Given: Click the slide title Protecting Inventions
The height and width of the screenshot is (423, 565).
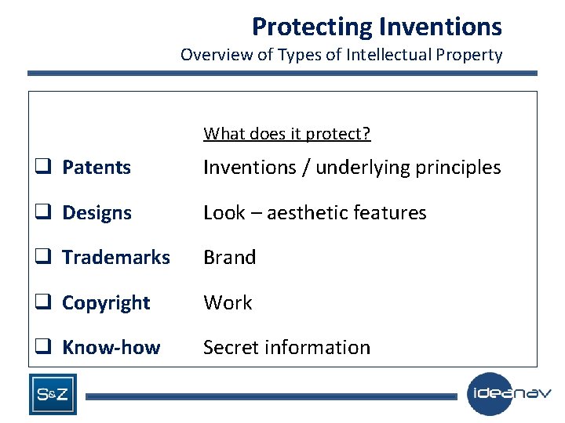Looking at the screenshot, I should coord(377,27).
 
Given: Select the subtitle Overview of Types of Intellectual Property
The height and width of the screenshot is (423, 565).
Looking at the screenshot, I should coord(341,55).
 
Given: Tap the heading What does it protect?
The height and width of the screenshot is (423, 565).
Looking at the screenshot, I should coord(287,134).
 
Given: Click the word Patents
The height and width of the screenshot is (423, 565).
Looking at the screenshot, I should coord(97,168).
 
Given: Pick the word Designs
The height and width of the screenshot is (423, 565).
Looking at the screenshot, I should coord(97,213).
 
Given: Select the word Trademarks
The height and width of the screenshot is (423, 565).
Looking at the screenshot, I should coord(116,258).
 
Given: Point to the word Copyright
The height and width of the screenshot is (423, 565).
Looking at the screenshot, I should coord(106,303).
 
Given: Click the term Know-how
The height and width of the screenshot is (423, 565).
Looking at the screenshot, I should coord(111,348).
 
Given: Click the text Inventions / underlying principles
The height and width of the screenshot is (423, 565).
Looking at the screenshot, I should coord(352,168).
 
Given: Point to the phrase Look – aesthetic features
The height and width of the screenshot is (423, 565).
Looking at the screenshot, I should coord(315,213).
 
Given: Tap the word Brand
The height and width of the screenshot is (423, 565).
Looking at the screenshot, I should coord(229,258).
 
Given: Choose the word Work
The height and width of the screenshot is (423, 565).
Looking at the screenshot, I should coord(228,303).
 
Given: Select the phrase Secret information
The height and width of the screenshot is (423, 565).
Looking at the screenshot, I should coord(286,348).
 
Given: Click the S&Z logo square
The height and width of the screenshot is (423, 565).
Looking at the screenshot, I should coord(53,394).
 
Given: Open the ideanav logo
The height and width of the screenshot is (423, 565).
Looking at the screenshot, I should coord(509,393).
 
